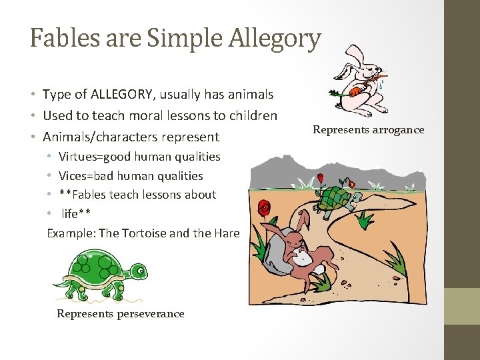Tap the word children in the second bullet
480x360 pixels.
click(252, 115)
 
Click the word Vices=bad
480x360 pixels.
click(89, 176)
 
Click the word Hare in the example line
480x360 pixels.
click(227, 233)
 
